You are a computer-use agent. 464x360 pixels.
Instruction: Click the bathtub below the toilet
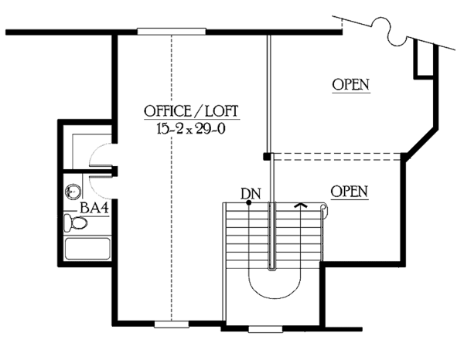coord(88,250)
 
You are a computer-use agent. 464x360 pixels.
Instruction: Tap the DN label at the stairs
coord(248,192)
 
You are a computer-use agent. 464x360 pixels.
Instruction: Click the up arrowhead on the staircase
coord(300,205)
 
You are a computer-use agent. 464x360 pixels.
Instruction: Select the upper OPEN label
coord(350,84)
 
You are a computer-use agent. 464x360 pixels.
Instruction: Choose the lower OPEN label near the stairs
coord(348,190)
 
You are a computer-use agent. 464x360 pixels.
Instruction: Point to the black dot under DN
coord(248,202)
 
